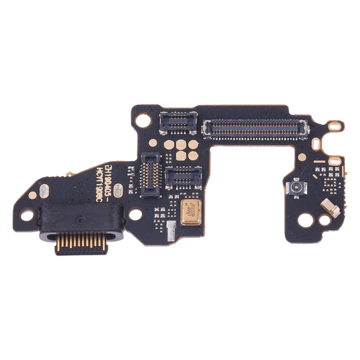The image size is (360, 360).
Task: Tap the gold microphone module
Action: [x=190, y=214]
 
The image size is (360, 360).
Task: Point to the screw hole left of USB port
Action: [x=26, y=213]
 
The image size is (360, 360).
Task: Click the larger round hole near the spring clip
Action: [x=305, y=219]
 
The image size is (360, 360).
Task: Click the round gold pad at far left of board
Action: [x=33, y=195]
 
